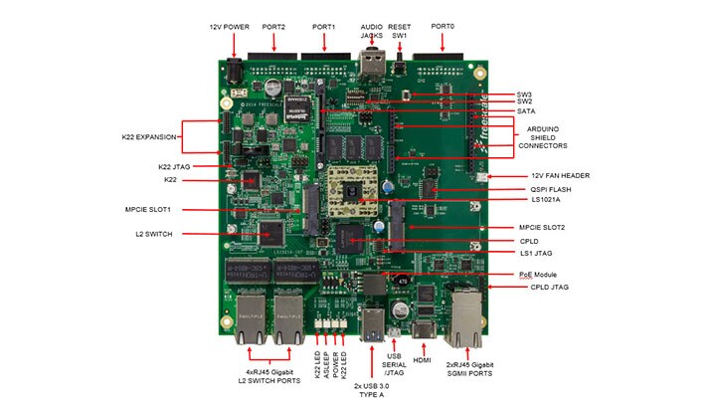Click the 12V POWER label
(230, 26)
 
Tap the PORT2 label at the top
(273, 26)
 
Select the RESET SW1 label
(401, 30)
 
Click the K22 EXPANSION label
(148, 136)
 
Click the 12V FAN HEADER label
(545, 175)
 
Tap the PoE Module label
(539, 274)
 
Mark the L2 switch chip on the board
(270, 234)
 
